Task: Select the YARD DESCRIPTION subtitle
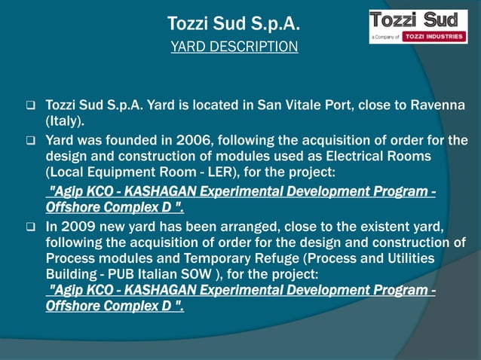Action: (234, 47)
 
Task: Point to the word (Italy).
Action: (66, 121)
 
